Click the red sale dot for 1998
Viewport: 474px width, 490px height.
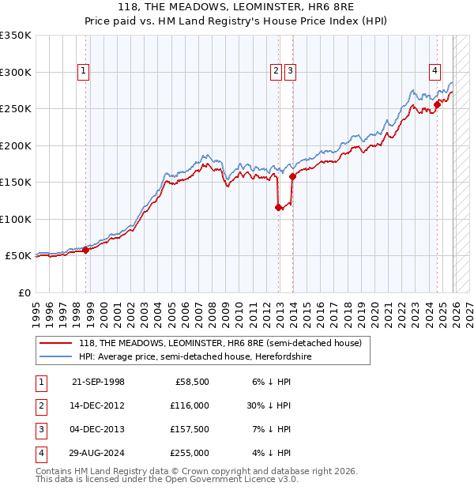coord(85,250)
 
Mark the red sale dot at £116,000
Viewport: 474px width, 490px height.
coord(278,208)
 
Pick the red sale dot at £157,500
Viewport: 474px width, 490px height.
coord(292,177)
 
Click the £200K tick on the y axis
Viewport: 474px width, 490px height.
coord(16,145)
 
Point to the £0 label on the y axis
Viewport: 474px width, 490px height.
coord(24,292)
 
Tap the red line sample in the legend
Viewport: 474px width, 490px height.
coord(56,344)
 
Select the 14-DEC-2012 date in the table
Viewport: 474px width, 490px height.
coord(98,405)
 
